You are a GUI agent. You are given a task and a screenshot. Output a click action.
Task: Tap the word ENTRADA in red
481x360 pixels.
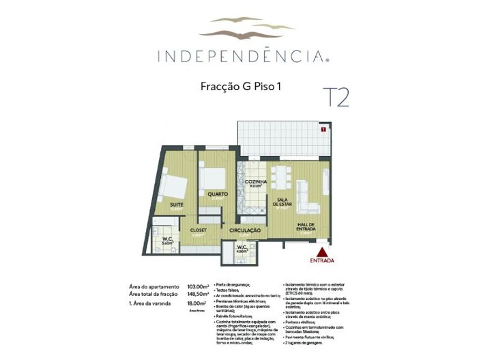(322, 260)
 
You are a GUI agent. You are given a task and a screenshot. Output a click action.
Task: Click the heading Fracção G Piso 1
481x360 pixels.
(241, 87)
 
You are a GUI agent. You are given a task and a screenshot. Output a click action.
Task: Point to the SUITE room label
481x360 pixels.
(177, 204)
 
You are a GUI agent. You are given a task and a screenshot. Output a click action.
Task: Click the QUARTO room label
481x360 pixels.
(218, 194)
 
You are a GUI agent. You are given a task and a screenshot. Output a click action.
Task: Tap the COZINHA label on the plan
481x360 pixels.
(255, 182)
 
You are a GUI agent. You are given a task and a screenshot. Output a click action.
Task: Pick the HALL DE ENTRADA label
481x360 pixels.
(305, 228)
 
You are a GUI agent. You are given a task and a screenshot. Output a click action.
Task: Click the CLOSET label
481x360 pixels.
(199, 230)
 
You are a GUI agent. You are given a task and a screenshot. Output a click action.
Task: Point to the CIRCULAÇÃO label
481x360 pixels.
(245, 230)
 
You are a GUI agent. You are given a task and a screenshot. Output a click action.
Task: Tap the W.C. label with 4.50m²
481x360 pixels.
(242, 247)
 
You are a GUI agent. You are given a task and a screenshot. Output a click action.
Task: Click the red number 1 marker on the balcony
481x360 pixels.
(323, 127)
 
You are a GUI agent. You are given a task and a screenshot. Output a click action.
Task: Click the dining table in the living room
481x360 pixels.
(280, 176)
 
